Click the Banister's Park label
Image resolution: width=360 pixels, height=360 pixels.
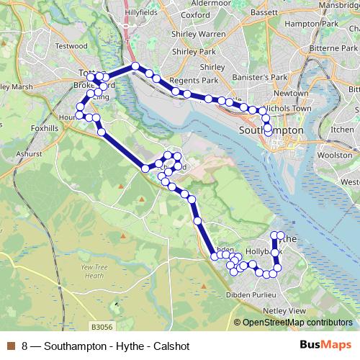click(x=246, y=77)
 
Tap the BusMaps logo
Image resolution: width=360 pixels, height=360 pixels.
click(x=325, y=346)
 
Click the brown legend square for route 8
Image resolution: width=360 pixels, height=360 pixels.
click(x=9, y=346)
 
